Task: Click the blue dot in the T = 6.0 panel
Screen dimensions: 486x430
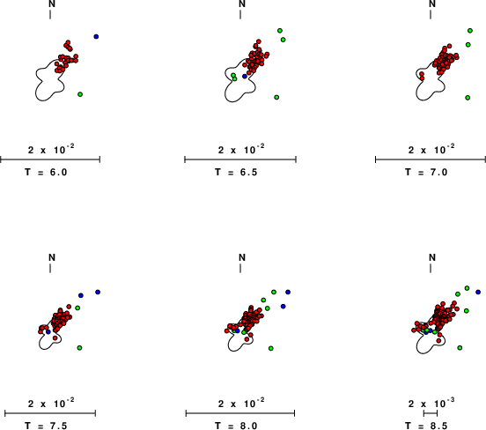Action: click(x=96, y=37)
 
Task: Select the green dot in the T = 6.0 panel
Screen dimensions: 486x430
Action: click(x=80, y=94)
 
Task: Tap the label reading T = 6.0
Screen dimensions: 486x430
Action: click(x=46, y=172)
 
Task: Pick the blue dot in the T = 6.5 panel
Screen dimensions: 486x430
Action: click(x=245, y=77)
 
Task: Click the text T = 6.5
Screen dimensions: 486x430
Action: click(x=236, y=172)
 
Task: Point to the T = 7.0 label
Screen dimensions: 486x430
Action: click(x=426, y=172)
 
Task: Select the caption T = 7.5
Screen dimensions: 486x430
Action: click(x=46, y=426)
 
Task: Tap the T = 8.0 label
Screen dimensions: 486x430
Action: click(x=236, y=426)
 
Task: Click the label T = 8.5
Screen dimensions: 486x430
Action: click(x=426, y=426)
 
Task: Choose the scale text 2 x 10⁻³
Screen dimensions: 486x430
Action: click(x=431, y=404)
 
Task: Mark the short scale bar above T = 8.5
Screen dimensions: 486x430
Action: click(x=431, y=413)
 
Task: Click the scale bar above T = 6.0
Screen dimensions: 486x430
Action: click(x=50, y=159)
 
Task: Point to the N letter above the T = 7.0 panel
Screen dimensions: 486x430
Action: click(x=432, y=4)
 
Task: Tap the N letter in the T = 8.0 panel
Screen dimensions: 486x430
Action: click(x=242, y=257)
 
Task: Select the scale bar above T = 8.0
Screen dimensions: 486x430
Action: click(x=240, y=413)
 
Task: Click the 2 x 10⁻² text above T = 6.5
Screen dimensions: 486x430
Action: click(x=241, y=150)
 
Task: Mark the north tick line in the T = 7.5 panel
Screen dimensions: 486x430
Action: click(x=50, y=269)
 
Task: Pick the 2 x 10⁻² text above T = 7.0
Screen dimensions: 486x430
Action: click(x=431, y=150)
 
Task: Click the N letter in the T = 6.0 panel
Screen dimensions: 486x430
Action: click(x=52, y=4)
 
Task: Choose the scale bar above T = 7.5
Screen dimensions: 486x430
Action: click(x=50, y=413)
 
